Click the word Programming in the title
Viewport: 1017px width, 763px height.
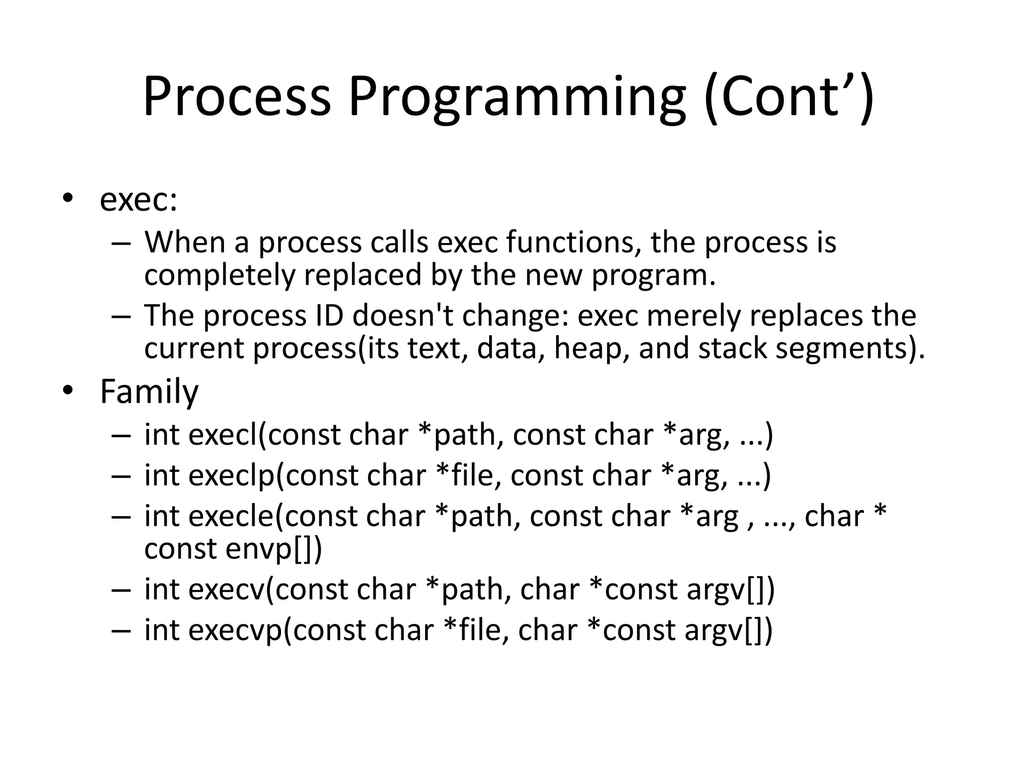[517, 97]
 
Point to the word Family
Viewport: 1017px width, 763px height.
[149, 392]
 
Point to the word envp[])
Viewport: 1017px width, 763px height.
[274, 549]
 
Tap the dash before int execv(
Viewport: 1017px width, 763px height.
[121, 590]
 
